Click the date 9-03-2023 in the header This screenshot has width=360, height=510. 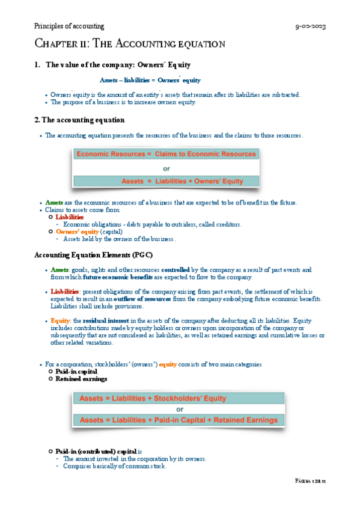click(x=310, y=27)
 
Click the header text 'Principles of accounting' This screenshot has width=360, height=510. click(x=69, y=26)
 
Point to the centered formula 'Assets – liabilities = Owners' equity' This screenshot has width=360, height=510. click(x=150, y=80)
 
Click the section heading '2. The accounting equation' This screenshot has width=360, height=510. click(x=80, y=120)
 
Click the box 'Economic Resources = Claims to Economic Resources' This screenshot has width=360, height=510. click(x=166, y=155)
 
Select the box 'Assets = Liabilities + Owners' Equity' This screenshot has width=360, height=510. click(x=166, y=180)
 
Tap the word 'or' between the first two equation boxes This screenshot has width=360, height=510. click(x=166, y=168)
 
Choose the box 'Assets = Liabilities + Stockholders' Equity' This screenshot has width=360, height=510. click(x=178, y=398)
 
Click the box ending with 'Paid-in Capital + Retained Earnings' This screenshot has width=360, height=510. click(x=178, y=420)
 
